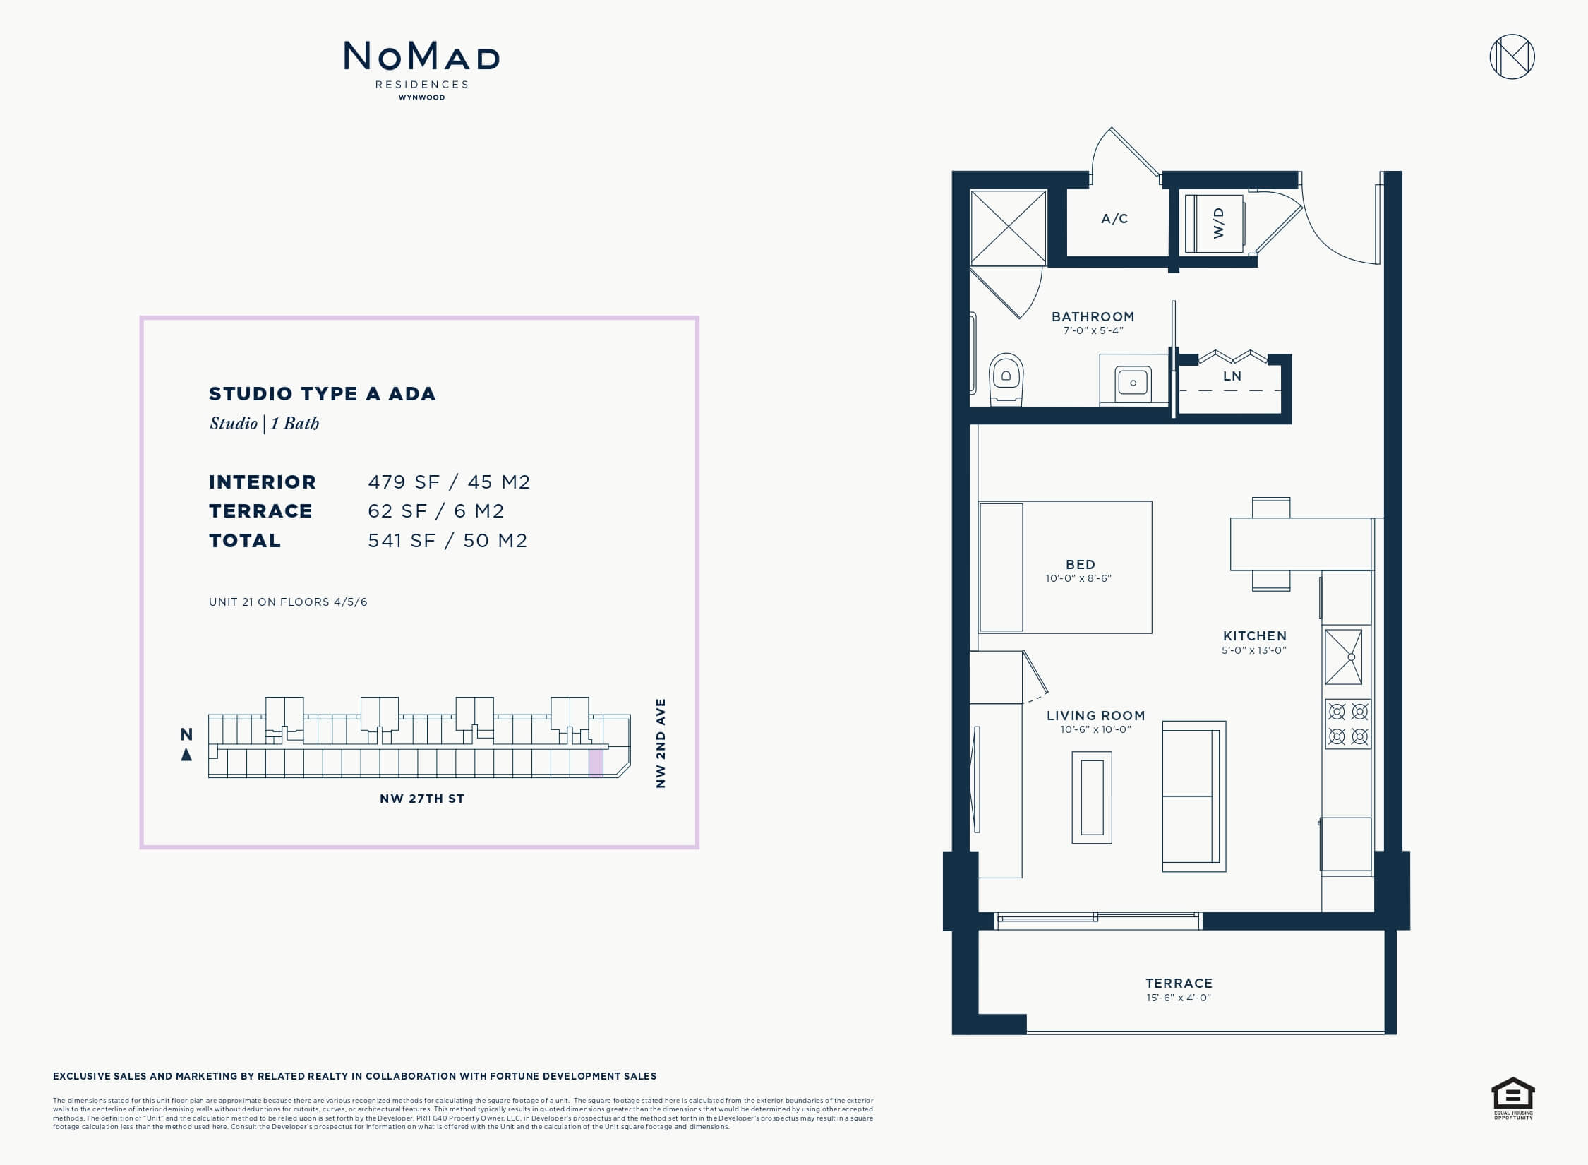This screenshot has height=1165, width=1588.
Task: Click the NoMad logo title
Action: tap(421, 56)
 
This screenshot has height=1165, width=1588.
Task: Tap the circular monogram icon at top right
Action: tap(1512, 56)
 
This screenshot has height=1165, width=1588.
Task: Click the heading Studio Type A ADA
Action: tap(322, 393)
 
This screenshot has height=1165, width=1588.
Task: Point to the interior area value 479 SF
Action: tap(404, 482)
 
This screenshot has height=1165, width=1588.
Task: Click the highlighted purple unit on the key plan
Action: tap(596, 763)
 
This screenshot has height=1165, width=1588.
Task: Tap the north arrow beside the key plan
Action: tap(186, 754)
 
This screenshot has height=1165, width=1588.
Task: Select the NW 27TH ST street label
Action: tap(422, 799)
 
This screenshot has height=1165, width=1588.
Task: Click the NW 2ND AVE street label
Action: tap(661, 743)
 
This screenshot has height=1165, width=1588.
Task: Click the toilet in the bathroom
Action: tap(1006, 379)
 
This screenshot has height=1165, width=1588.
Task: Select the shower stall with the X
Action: tap(1009, 227)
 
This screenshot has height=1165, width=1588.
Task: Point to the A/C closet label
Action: tap(1114, 219)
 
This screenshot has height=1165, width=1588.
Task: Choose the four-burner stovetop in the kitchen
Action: tap(1348, 724)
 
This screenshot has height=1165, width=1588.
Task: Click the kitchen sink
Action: tap(1344, 657)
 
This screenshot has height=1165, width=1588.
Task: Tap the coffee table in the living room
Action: tap(1092, 797)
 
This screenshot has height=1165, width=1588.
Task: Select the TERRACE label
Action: tap(1179, 983)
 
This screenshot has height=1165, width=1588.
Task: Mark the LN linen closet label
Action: tap(1232, 376)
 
